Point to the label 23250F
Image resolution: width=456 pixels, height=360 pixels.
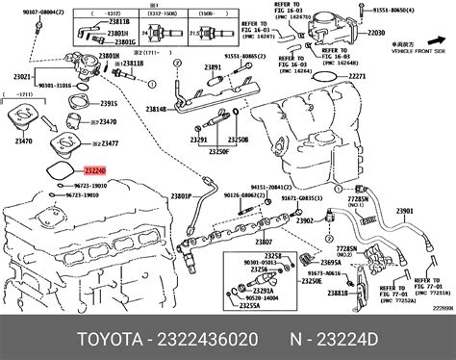[220, 152]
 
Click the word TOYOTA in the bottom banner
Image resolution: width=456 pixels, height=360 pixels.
[59, 339]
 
